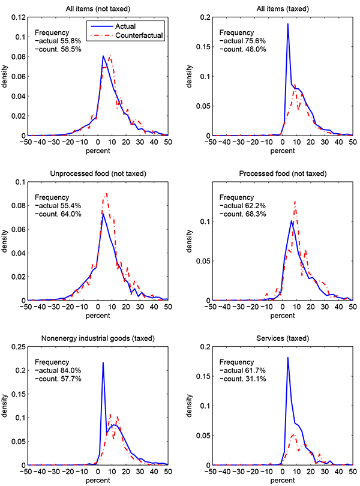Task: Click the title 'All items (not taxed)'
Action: click(98, 8)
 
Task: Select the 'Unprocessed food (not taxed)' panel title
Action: click(98, 173)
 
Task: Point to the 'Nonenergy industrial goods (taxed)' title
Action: click(98, 338)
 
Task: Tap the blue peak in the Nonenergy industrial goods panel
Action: click(103, 362)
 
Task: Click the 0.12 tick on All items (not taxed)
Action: click(18, 17)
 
